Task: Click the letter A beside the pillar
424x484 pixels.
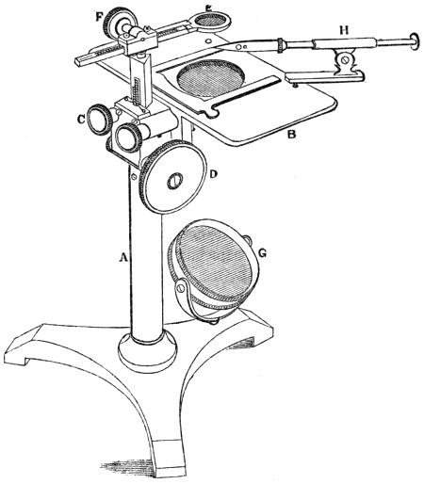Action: [x=123, y=258]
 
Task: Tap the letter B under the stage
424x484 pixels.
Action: [x=292, y=135]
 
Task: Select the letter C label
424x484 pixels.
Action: [x=82, y=119]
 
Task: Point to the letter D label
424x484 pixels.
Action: [x=213, y=173]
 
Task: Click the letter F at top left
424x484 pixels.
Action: [x=99, y=16]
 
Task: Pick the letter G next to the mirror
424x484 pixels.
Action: [x=262, y=252]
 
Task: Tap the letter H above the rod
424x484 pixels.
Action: [x=344, y=30]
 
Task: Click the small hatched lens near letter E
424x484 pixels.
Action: [x=211, y=21]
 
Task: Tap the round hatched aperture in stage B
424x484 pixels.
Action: [x=210, y=78]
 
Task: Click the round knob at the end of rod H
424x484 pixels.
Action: [x=415, y=40]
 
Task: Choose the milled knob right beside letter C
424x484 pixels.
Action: [x=100, y=121]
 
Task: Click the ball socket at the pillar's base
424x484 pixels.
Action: [x=147, y=352]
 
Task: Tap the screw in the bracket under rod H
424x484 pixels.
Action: [x=345, y=58]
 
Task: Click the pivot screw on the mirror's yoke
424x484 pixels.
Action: [x=181, y=287]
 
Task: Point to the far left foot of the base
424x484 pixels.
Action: [x=17, y=353]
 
